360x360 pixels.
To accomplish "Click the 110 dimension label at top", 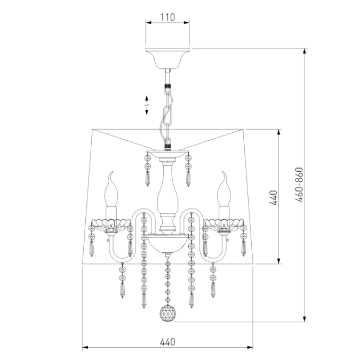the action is tap(167, 17).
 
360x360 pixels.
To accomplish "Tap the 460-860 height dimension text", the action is tap(299, 185).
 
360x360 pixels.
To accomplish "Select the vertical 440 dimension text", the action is tap(274, 198).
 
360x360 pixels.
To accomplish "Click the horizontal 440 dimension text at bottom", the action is tap(167, 342).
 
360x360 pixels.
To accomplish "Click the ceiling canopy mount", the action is tap(168, 58).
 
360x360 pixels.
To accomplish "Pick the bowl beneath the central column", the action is tap(168, 243).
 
